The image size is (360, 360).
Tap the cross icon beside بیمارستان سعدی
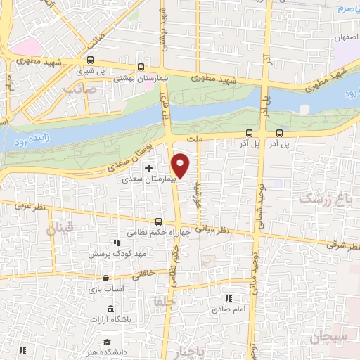point(148,169)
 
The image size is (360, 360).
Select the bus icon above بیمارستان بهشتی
point(141,68)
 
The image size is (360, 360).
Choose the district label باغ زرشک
point(324,199)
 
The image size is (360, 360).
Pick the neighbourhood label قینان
point(60,229)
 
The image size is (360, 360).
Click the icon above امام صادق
point(227,298)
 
